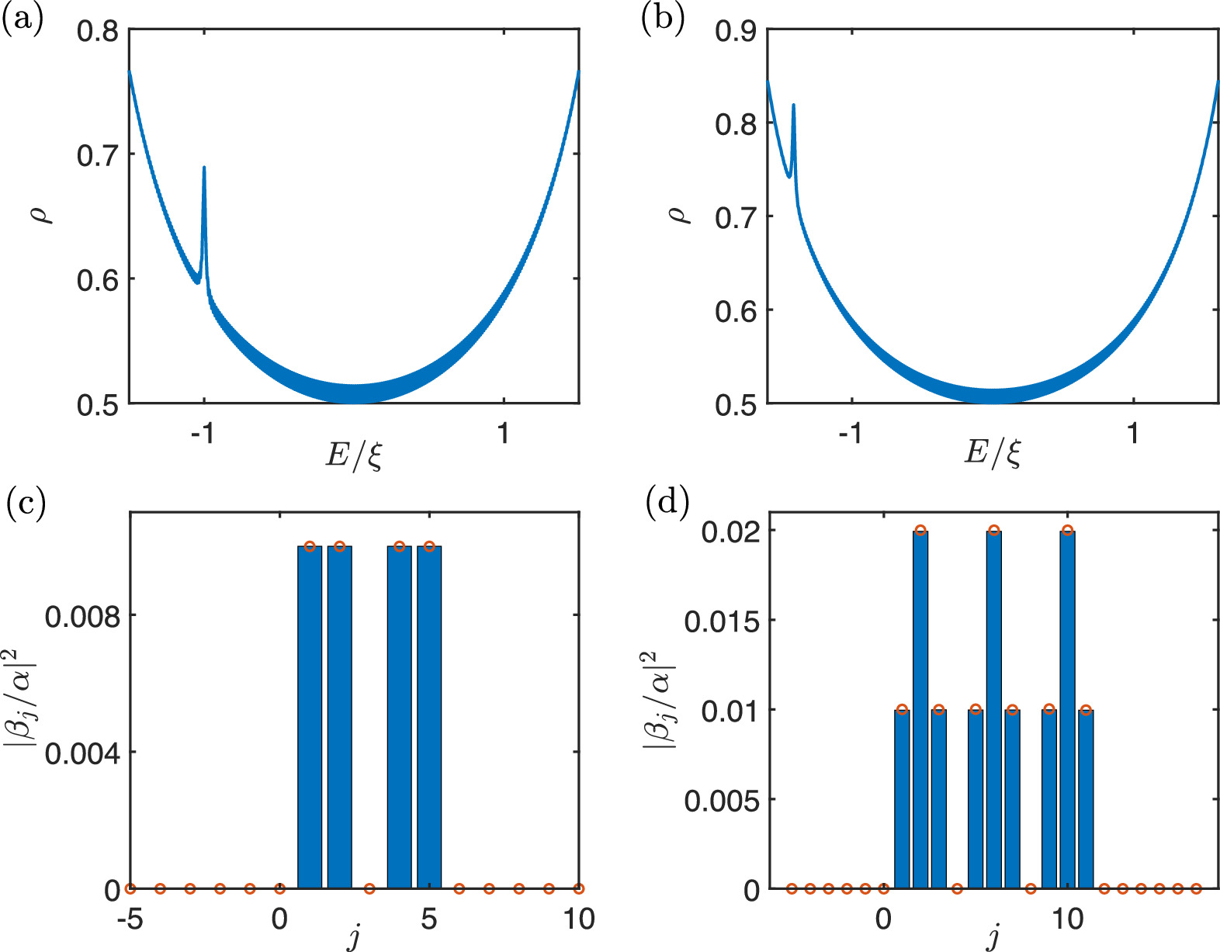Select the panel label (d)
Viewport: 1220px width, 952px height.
(x=667, y=504)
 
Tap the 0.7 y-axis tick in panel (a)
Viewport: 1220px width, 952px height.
(x=98, y=155)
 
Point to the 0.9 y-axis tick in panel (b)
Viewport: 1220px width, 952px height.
(x=736, y=32)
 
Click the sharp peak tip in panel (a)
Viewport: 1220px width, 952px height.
(x=204, y=168)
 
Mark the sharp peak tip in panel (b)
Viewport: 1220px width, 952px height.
(x=793, y=106)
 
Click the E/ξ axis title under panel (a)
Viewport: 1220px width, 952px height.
(x=354, y=455)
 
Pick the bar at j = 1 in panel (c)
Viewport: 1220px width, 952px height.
(x=310, y=718)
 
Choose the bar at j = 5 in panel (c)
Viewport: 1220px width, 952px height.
(x=429, y=718)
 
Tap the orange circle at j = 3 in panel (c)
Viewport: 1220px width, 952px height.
(x=369, y=888)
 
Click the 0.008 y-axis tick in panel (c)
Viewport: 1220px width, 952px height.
(x=83, y=617)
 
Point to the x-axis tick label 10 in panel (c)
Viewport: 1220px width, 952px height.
(x=578, y=919)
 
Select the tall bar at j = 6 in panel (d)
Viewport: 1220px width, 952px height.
(x=993, y=710)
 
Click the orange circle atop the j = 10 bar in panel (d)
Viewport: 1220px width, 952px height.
(x=1067, y=531)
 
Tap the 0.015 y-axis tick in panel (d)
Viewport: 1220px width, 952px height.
(x=722, y=621)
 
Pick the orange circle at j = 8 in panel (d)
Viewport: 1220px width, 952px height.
(x=1031, y=888)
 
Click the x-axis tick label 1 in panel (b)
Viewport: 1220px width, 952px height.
(x=1134, y=433)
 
